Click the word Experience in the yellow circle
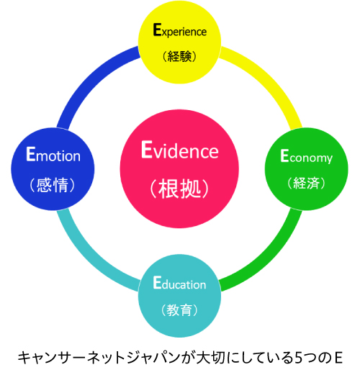(x=180, y=30)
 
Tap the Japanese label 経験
(x=179, y=56)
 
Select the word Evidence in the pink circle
(x=180, y=150)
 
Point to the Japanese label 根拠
(x=179, y=189)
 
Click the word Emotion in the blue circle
(x=53, y=154)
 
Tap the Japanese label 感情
(x=53, y=185)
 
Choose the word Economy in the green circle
(x=307, y=157)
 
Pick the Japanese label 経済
(x=307, y=183)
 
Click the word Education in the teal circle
(x=179, y=283)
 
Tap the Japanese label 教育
(x=179, y=310)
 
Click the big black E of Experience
(x=157, y=30)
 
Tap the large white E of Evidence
(x=147, y=149)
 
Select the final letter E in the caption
(x=338, y=358)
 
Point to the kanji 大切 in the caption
(x=210, y=358)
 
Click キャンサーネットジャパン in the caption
(x=99, y=358)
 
